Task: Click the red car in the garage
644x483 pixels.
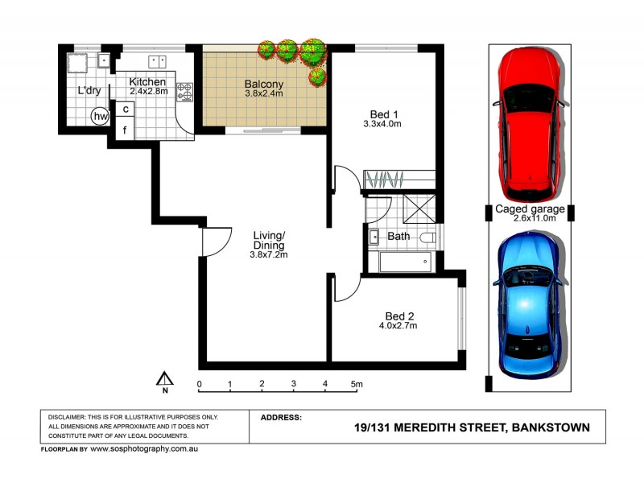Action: tap(529, 125)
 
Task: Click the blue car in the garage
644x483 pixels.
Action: tap(528, 306)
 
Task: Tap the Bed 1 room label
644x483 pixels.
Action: tap(382, 114)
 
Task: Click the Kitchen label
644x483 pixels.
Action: tap(148, 82)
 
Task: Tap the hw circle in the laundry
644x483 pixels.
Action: tap(101, 117)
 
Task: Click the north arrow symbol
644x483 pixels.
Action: tap(165, 380)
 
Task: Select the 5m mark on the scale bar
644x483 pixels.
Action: tap(357, 384)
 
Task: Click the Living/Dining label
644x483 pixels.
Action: tap(269, 240)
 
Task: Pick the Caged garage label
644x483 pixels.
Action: tap(529, 208)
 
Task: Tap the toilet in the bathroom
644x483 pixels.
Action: tap(427, 237)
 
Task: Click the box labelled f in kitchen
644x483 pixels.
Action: tap(126, 128)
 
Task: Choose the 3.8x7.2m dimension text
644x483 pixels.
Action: tap(269, 254)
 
